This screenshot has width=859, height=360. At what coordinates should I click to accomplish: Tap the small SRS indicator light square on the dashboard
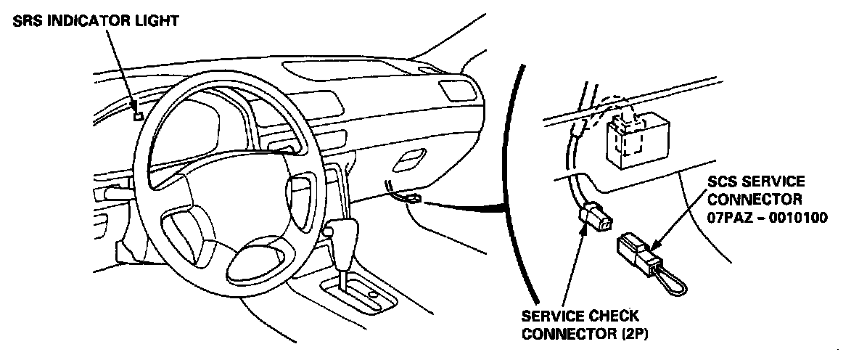pyautogui.click(x=138, y=113)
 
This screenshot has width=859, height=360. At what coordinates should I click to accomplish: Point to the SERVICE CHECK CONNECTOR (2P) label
pyautogui.click(x=580, y=324)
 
